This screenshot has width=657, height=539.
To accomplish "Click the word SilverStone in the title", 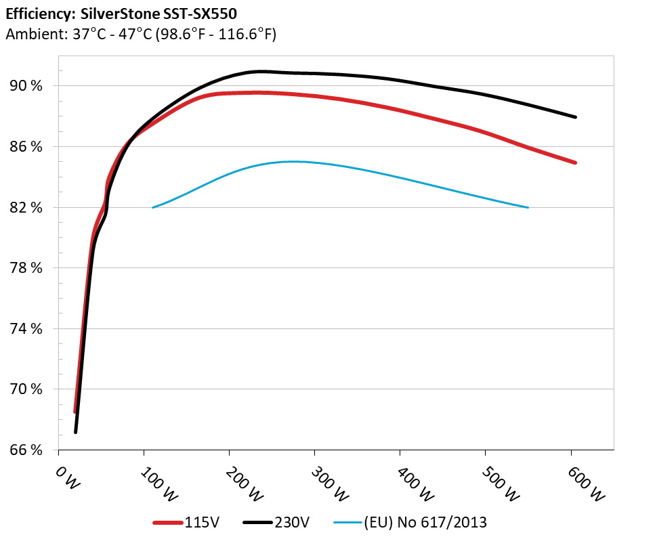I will click(114, 14).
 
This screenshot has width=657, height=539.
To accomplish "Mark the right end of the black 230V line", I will click(576, 117).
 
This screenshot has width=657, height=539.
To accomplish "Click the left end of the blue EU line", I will click(153, 207).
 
